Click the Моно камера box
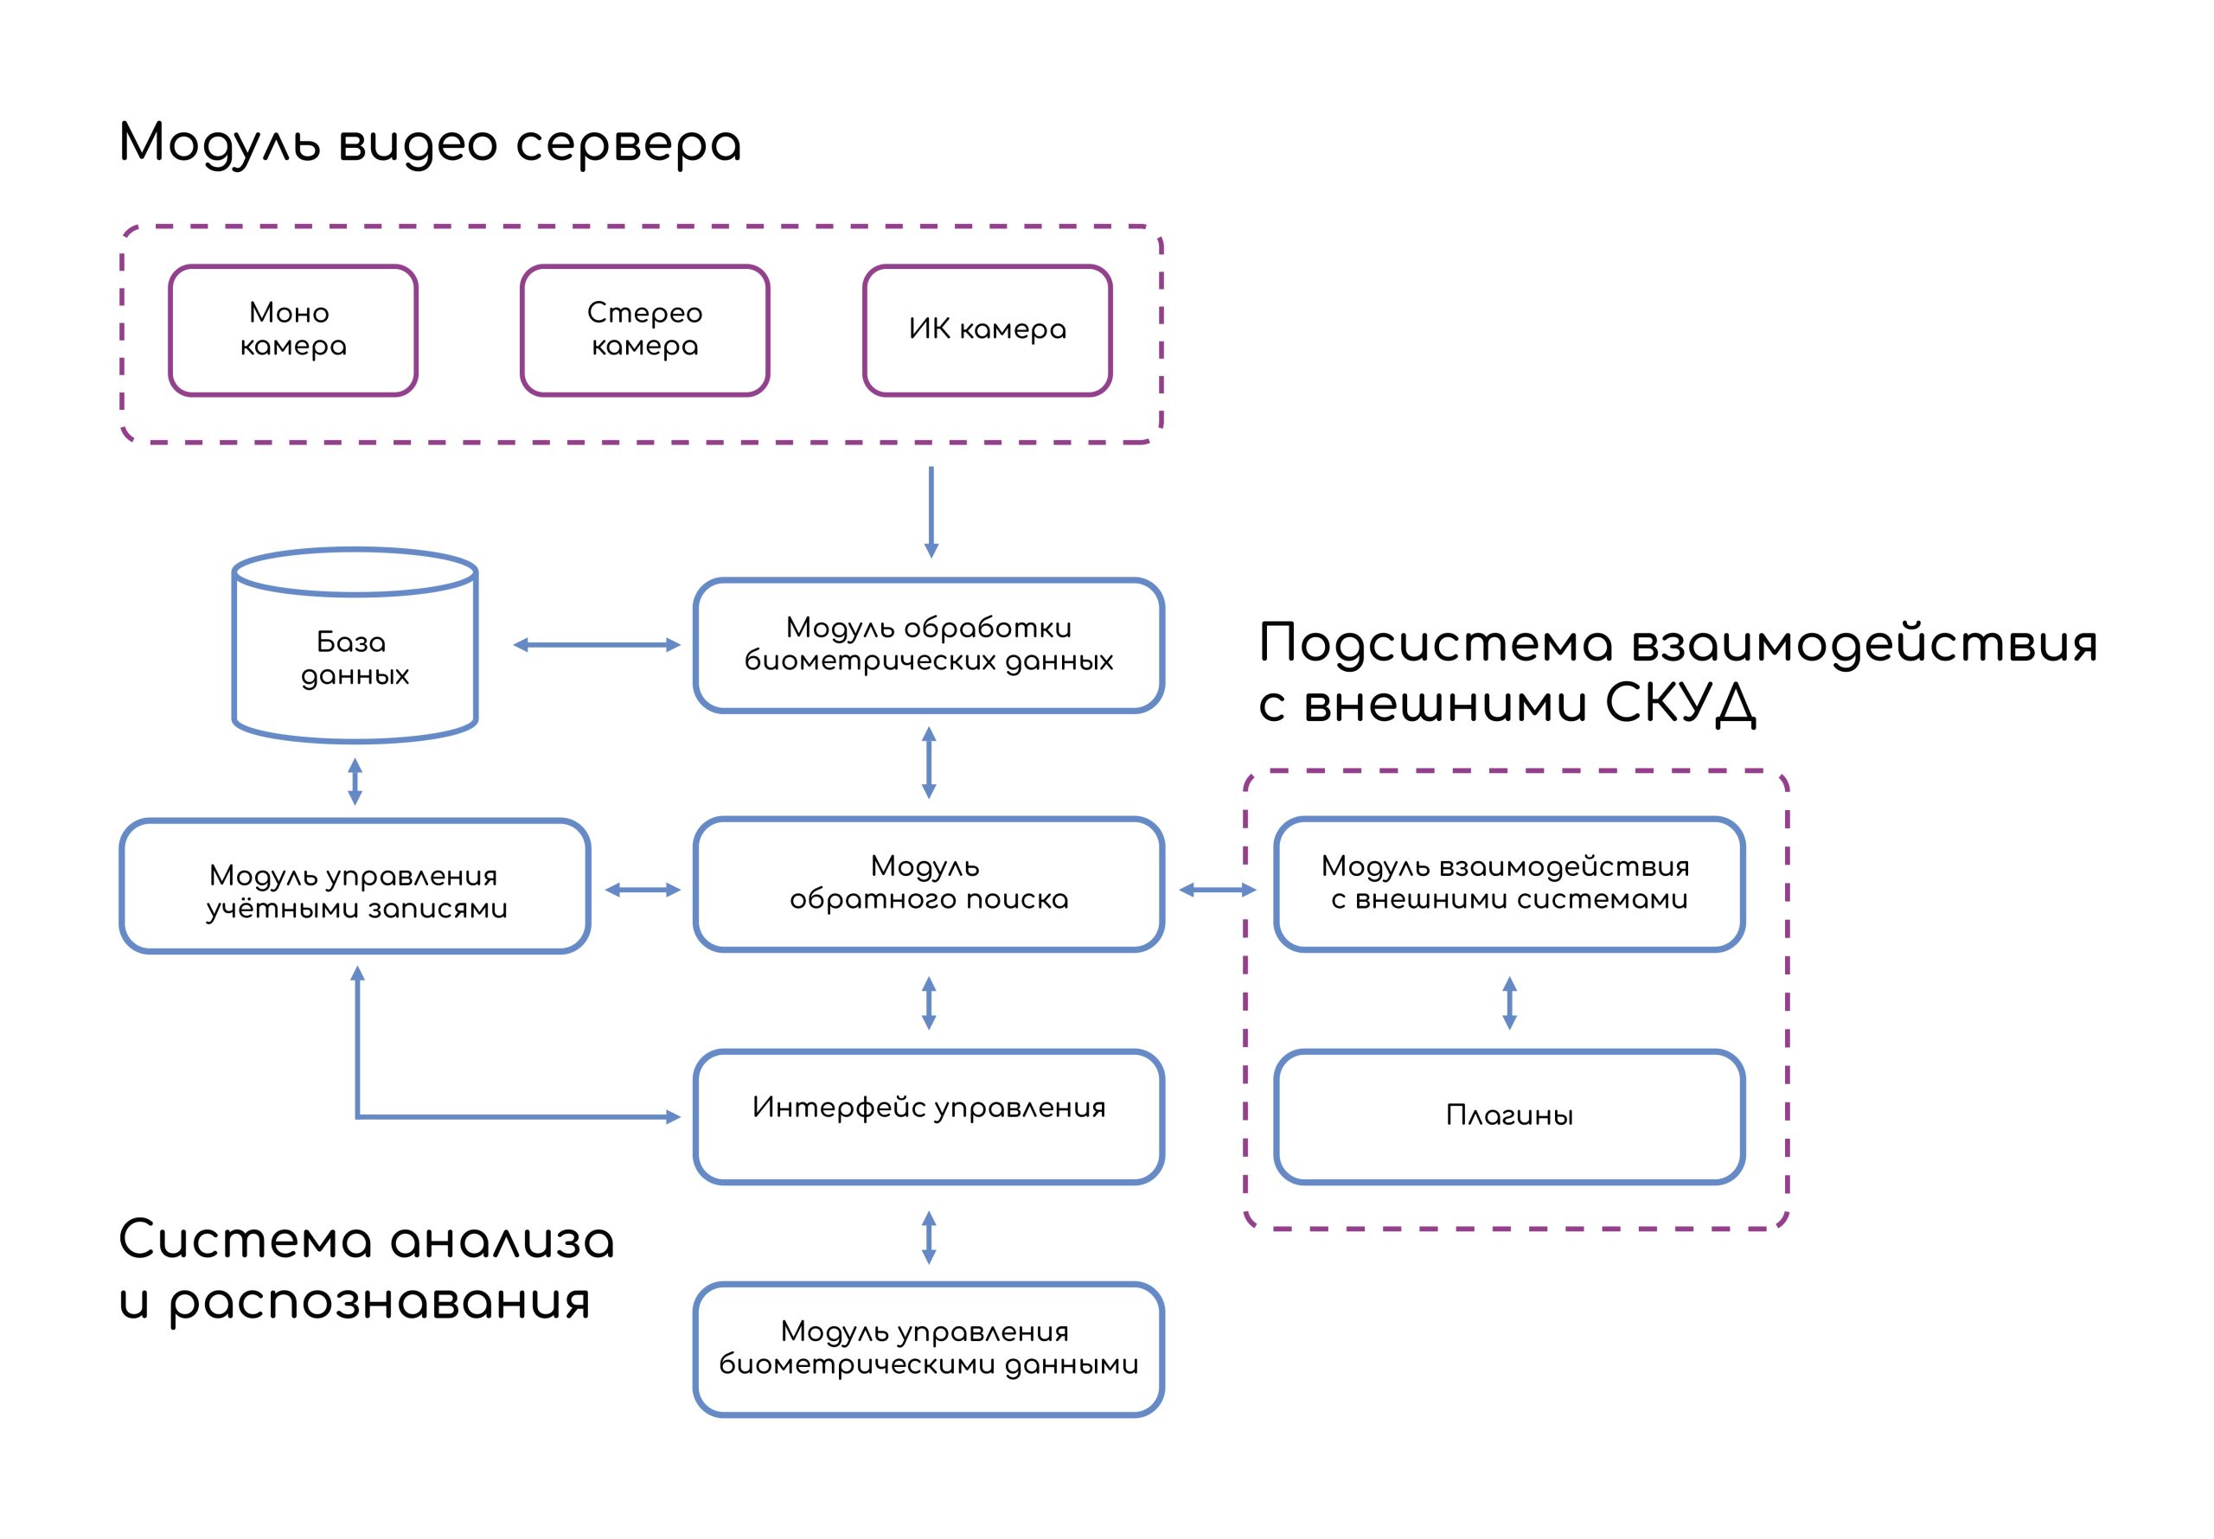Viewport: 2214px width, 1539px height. [293, 329]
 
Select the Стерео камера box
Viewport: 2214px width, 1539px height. [644, 329]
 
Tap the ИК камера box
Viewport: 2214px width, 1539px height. [988, 329]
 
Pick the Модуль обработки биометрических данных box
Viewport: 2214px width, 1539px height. [929, 645]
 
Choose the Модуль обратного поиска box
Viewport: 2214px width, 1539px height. [929, 884]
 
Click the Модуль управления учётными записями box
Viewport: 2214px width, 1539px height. [355, 886]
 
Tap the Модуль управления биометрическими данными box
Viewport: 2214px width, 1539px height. [929, 1349]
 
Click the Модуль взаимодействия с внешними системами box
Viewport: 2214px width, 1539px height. [1509, 884]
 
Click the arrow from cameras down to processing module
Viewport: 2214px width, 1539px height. [931, 512]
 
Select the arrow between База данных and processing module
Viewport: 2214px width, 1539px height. [597, 645]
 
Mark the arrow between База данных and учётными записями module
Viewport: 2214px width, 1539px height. [355, 781]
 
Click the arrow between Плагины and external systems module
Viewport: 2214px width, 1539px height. [1509, 1003]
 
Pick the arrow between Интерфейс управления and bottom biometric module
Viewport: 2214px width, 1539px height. [929, 1237]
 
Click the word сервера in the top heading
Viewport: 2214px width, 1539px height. [628, 144]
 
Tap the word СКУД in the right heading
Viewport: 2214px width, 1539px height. [1680, 703]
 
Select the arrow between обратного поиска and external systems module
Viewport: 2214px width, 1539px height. [1218, 890]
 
